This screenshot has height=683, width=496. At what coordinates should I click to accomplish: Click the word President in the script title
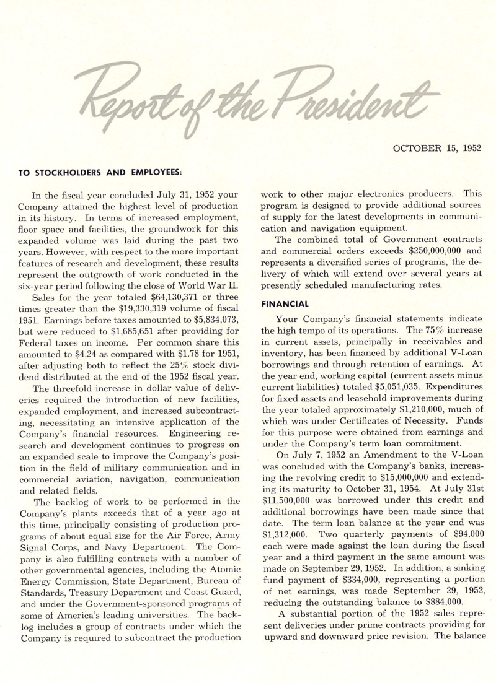point(360,98)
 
